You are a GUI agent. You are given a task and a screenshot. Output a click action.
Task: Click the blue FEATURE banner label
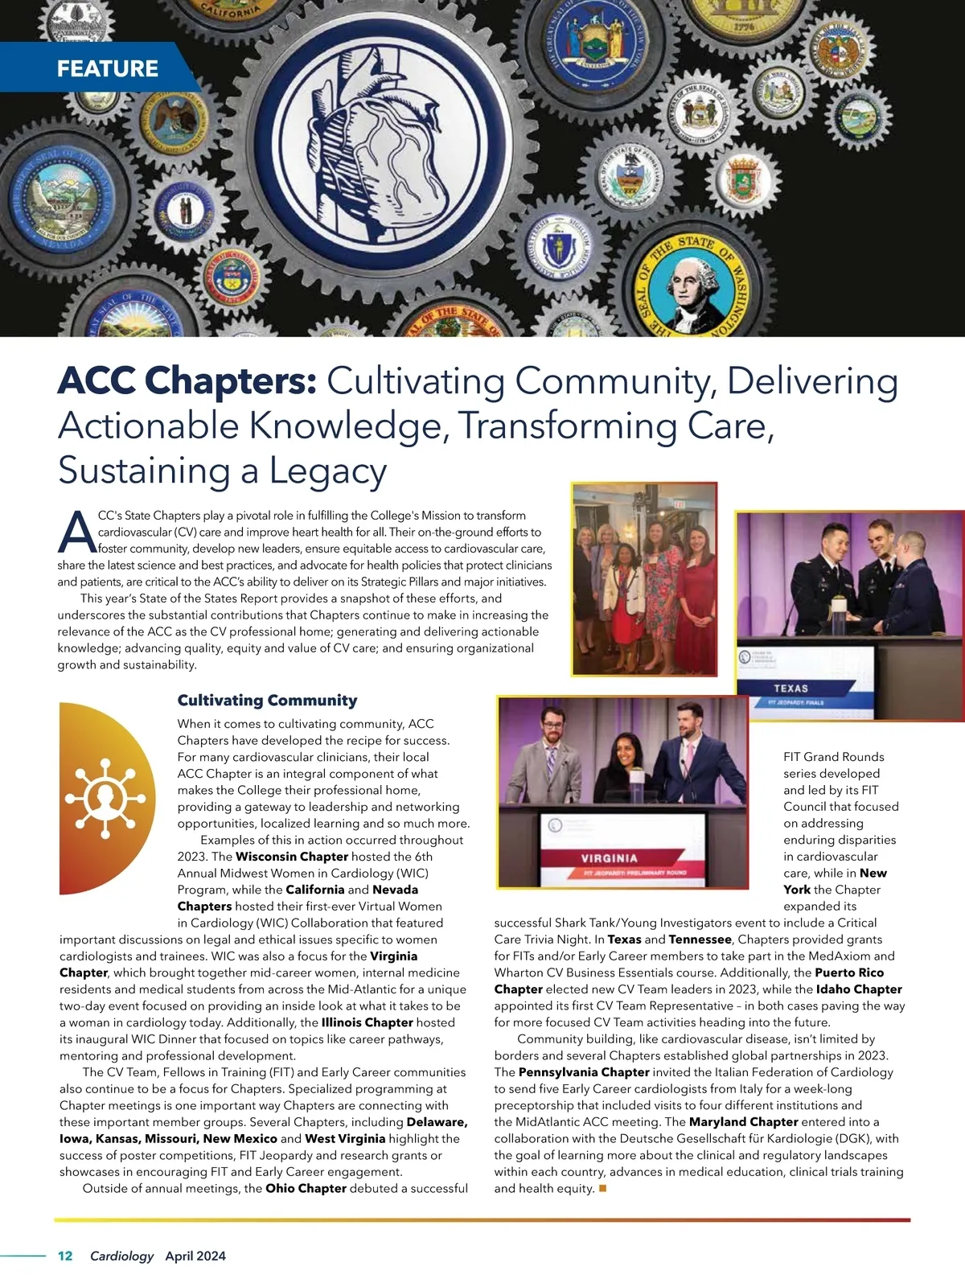(107, 68)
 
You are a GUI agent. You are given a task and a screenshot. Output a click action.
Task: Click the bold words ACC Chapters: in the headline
(187, 381)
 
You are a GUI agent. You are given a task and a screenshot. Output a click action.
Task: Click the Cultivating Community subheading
(267, 700)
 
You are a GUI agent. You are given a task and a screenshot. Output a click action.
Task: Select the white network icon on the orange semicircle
(105, 797)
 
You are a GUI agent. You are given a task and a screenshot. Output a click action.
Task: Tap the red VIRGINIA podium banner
(609, 858)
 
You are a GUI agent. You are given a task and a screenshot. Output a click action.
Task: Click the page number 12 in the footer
(65, 1256)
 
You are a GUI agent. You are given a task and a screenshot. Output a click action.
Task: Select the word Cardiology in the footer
(121, 1256)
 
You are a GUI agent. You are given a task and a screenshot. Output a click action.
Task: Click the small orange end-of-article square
(603, 1188)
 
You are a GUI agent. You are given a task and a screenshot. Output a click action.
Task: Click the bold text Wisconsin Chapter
(292, 857)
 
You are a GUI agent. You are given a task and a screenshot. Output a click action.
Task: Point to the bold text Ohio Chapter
(306, 1188)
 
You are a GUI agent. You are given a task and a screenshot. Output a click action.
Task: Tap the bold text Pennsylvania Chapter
(584, 1072)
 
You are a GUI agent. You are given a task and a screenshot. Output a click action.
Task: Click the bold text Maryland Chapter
(743, 1122)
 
